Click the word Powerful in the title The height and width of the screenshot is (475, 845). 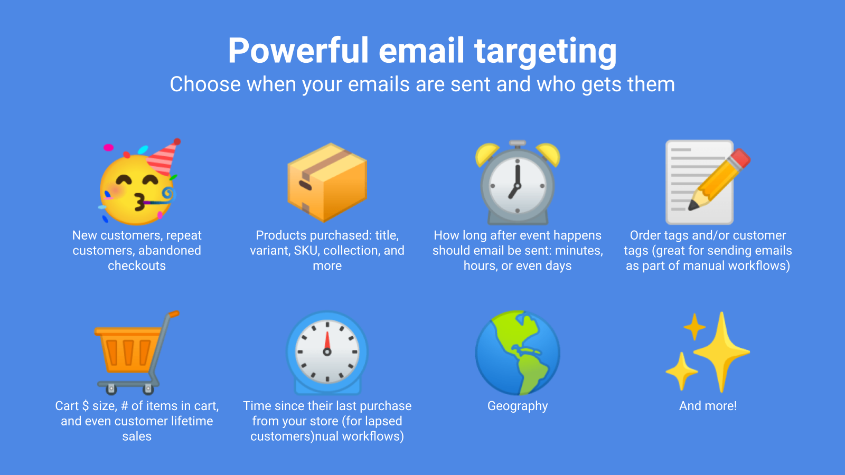coord(298,51)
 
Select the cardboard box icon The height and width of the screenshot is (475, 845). coord(327,182)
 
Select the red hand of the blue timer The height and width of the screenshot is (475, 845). coord(327,341)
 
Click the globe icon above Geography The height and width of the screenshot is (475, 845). coord(517,353)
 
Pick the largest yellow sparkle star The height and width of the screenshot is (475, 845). coord(721,350)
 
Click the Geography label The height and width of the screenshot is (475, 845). coord(517,406)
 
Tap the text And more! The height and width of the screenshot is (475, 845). coord(708,406)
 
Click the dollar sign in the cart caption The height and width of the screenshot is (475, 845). coord(86,406)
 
